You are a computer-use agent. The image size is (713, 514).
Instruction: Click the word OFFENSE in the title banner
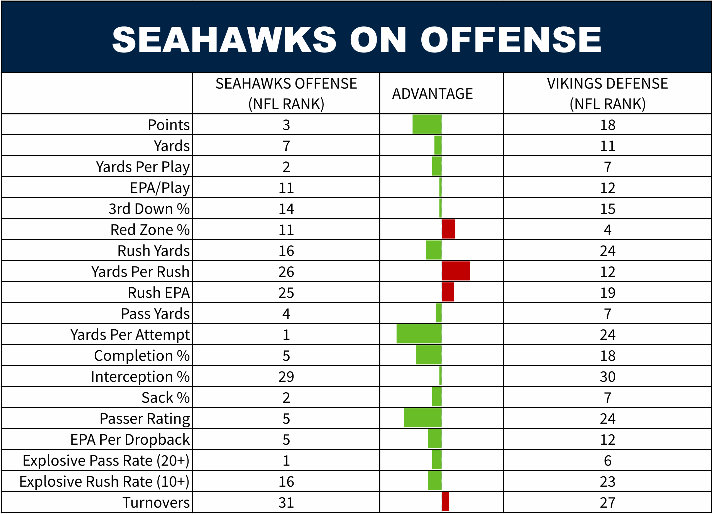point(511,40)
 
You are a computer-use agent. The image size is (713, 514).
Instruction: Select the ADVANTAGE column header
point(432,94)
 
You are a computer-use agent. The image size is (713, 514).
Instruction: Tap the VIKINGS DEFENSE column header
point(607,93)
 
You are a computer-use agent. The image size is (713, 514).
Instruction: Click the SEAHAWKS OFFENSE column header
point(286,93)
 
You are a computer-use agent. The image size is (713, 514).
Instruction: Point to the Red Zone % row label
point(150,230)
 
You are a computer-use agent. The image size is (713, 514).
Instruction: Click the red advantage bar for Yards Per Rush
point(456,271)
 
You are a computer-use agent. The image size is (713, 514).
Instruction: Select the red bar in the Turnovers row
point(445,502)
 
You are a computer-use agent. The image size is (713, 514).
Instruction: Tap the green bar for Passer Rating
point(423,418)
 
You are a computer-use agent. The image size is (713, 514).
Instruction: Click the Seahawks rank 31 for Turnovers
point(286,502)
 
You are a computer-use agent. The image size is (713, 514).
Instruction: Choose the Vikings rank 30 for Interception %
point(607,377)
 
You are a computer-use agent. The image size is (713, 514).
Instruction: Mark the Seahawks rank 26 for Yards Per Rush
point(286,272)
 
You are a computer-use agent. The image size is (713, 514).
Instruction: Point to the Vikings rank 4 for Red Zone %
point(607,230)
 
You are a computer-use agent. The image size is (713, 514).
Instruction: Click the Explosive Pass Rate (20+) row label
point(106,461)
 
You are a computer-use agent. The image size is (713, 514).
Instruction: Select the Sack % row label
point(165,398)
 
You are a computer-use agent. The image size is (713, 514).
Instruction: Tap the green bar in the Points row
point(427,124)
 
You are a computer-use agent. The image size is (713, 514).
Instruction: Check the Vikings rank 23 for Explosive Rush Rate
point(607,482)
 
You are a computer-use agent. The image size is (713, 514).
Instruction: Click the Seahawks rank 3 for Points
point(286,125)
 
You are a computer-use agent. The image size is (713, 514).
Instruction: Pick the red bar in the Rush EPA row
point(448,292)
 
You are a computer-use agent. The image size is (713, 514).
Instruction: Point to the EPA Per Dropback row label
point(130,439)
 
